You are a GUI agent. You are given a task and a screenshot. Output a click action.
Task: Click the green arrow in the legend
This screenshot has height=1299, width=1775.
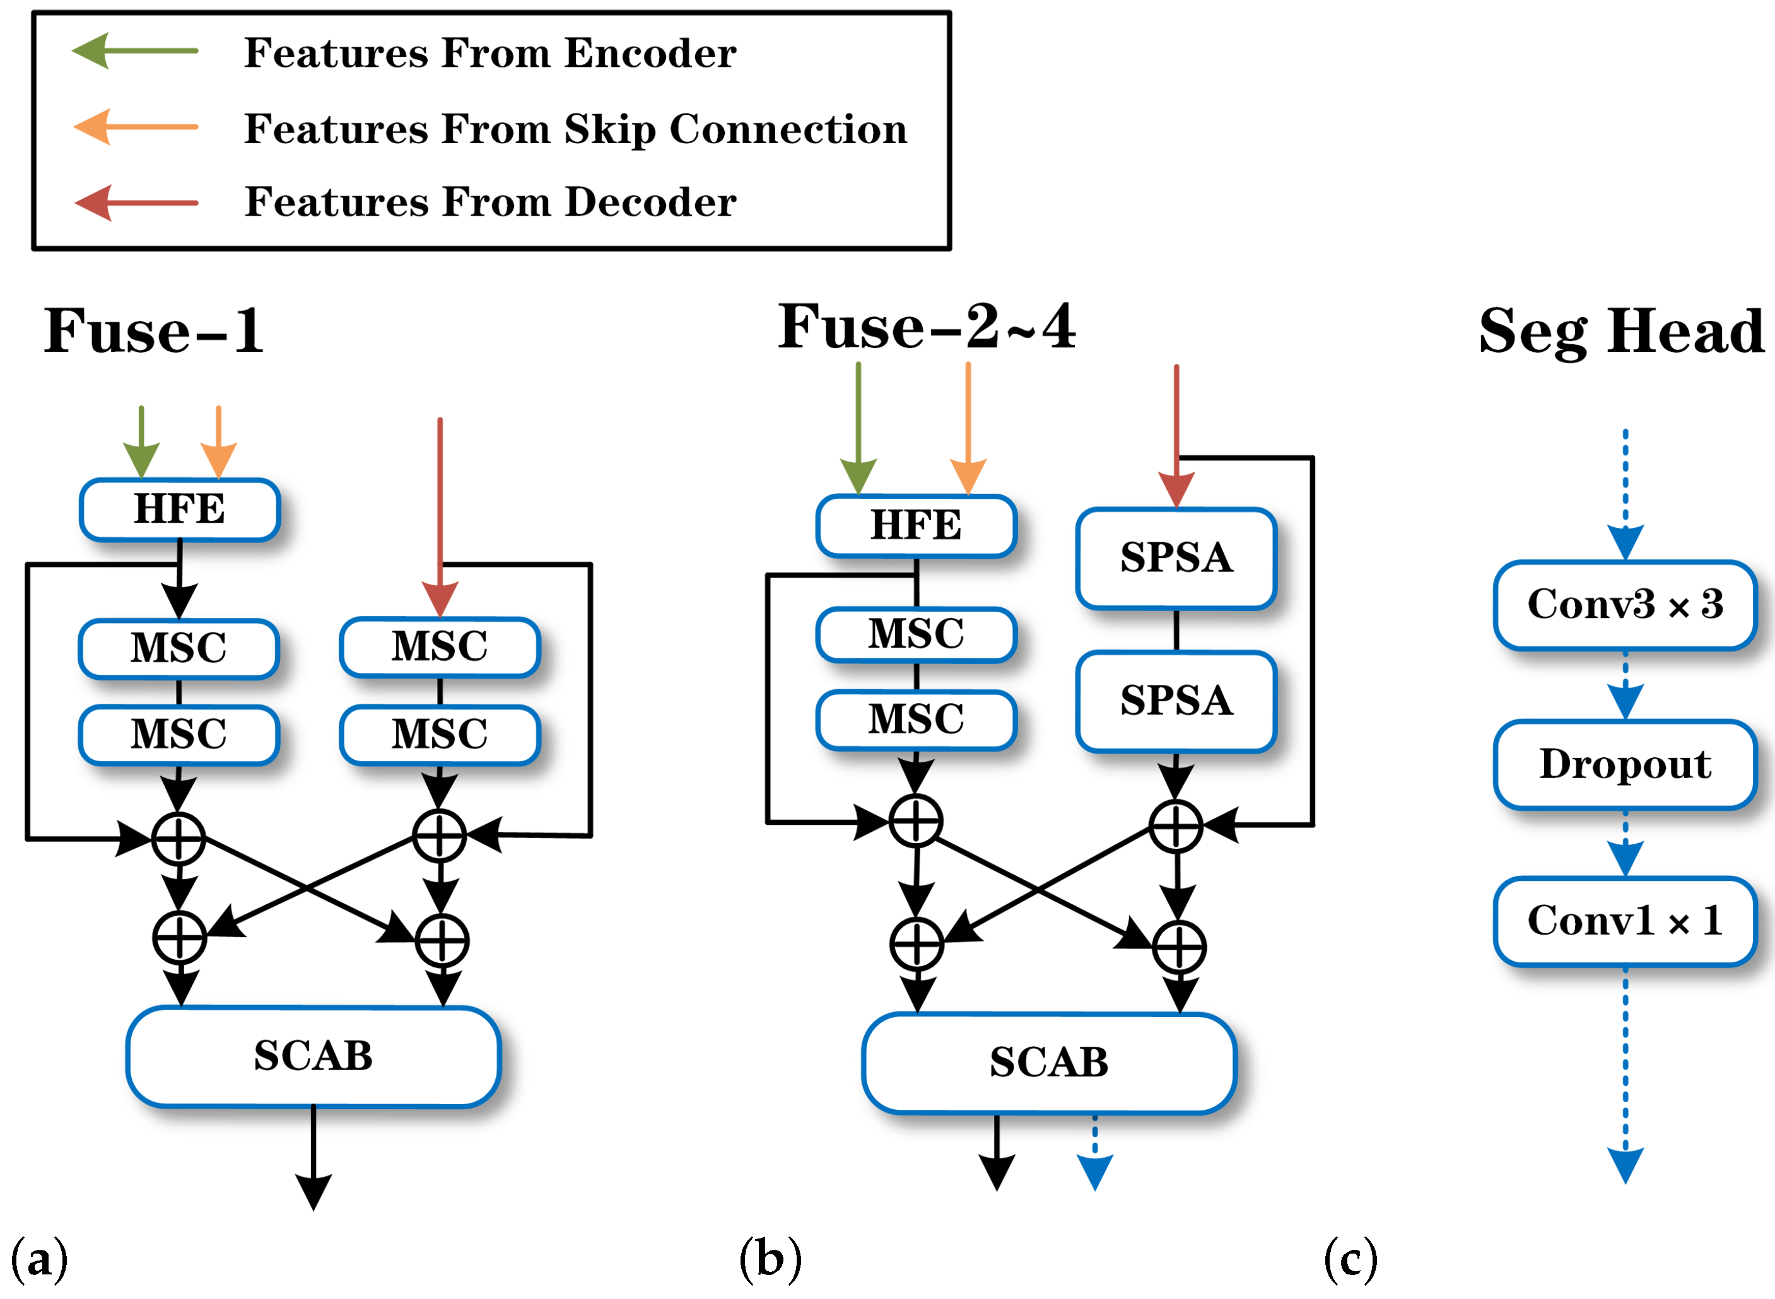click(x=134, y=51)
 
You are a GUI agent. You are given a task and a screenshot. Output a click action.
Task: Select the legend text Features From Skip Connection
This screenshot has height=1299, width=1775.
click(x=575, y=128)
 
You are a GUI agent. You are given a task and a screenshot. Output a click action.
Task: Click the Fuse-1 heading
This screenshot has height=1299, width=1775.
click(x=154, y=330)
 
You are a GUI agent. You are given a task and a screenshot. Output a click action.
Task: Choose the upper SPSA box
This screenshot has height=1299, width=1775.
click(x=1176, y=558)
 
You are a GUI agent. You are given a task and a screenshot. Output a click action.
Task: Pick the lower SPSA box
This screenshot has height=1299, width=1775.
click(x=1176, y=701)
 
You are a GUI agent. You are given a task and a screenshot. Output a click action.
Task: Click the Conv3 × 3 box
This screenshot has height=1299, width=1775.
click(x=1625, y=605)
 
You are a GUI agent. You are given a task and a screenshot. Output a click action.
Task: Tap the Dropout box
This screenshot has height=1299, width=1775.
click(x=1625, y=764)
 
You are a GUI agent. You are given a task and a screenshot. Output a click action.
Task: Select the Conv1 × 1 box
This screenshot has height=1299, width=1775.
click(x=1625, y=921)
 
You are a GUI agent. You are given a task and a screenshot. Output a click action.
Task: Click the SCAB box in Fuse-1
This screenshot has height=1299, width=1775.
click(x=313, y=1056)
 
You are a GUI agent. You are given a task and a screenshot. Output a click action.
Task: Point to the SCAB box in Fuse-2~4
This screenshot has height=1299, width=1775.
click(x=1048, y=1063)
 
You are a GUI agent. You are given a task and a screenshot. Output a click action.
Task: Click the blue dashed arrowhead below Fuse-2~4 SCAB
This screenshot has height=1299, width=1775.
click(x=1094, y=1172)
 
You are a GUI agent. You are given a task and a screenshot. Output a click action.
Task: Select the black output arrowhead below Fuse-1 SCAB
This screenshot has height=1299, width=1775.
click(x=313, y=1191)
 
